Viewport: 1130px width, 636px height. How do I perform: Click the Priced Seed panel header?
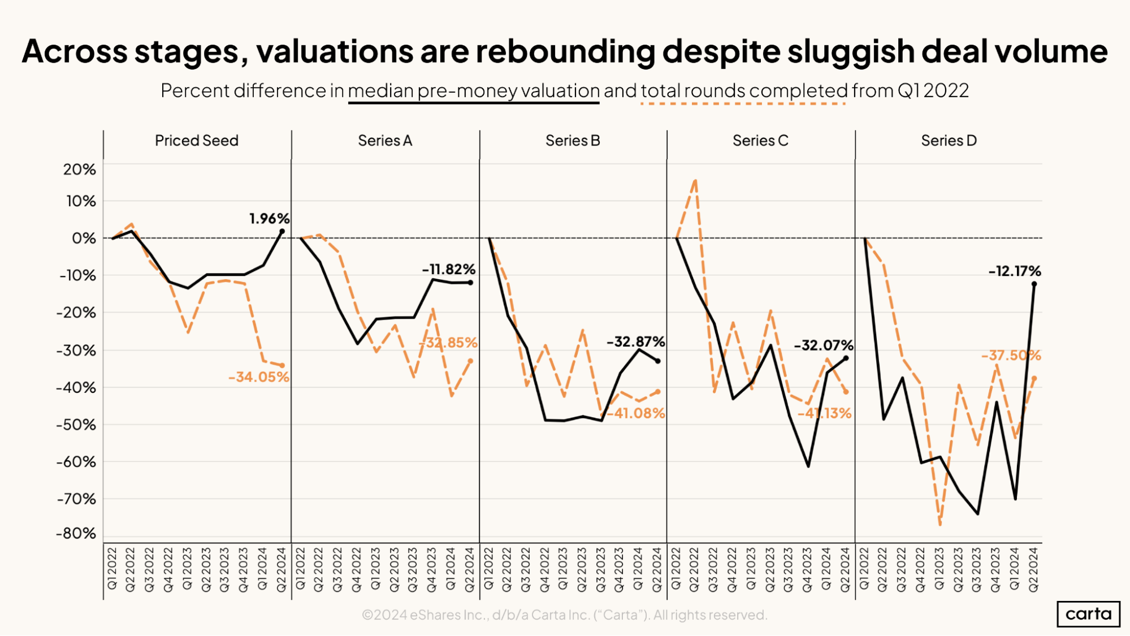(x=197, y=141)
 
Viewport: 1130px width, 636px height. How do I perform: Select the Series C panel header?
(x=760, y=141)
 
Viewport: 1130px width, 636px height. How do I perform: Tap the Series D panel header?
(x=949, y=141)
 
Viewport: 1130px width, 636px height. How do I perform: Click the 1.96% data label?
(x=269, y=219)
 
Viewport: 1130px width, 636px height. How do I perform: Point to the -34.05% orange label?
(x=258, y=377)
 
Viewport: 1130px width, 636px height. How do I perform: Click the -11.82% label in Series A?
(x=448, y=270)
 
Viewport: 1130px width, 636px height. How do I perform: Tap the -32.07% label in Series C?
(x=823, y=345)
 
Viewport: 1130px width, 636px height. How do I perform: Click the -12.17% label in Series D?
(x=1014, y=271)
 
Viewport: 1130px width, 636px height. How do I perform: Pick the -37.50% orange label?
(x=1011, y=356)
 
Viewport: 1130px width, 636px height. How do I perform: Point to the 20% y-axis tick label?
(x=80, y=170)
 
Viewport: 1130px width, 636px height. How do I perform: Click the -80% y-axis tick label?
(x=76, y=534)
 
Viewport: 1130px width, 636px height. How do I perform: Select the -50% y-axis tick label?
(x=76, y=425)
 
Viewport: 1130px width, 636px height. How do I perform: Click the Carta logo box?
(x=1088, y=614)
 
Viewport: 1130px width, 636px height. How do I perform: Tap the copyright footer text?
(x=564, y=615)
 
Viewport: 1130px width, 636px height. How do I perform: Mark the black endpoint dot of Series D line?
(x=1034, y=284)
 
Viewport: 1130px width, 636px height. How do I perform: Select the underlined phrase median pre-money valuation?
(x=474, y=91)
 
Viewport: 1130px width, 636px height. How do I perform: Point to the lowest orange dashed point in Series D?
(x=940, y=525)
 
